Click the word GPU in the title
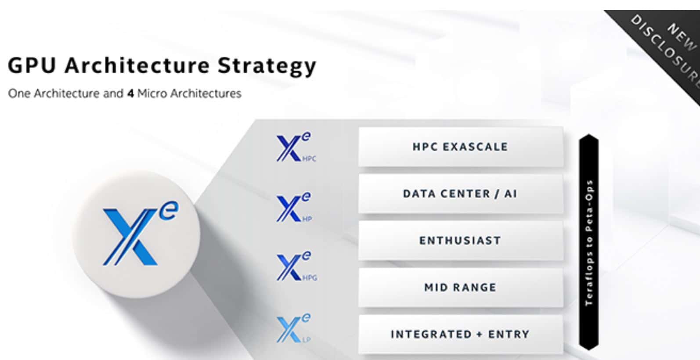[x=32, y=65]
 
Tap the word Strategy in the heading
[x=267, y=67]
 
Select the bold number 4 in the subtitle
[x=130, y=94]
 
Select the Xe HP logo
[x=294, y=207]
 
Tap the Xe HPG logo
[x=296, y=266]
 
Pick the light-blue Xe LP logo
[x=293, y=328]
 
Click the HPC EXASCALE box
[x=461, y=147]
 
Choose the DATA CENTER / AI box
[x=461, y=194]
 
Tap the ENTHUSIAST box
[x=461, y=241]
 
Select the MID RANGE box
[x=461, y=288]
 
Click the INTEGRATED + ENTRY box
[x=461, y=335]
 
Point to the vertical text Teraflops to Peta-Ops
[x=589, y=243]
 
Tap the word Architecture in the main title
[x=137, y=65]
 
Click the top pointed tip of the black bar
[x=589, y=134]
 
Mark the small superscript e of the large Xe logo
[x=169, y=211]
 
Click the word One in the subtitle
[x=19, y=94]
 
